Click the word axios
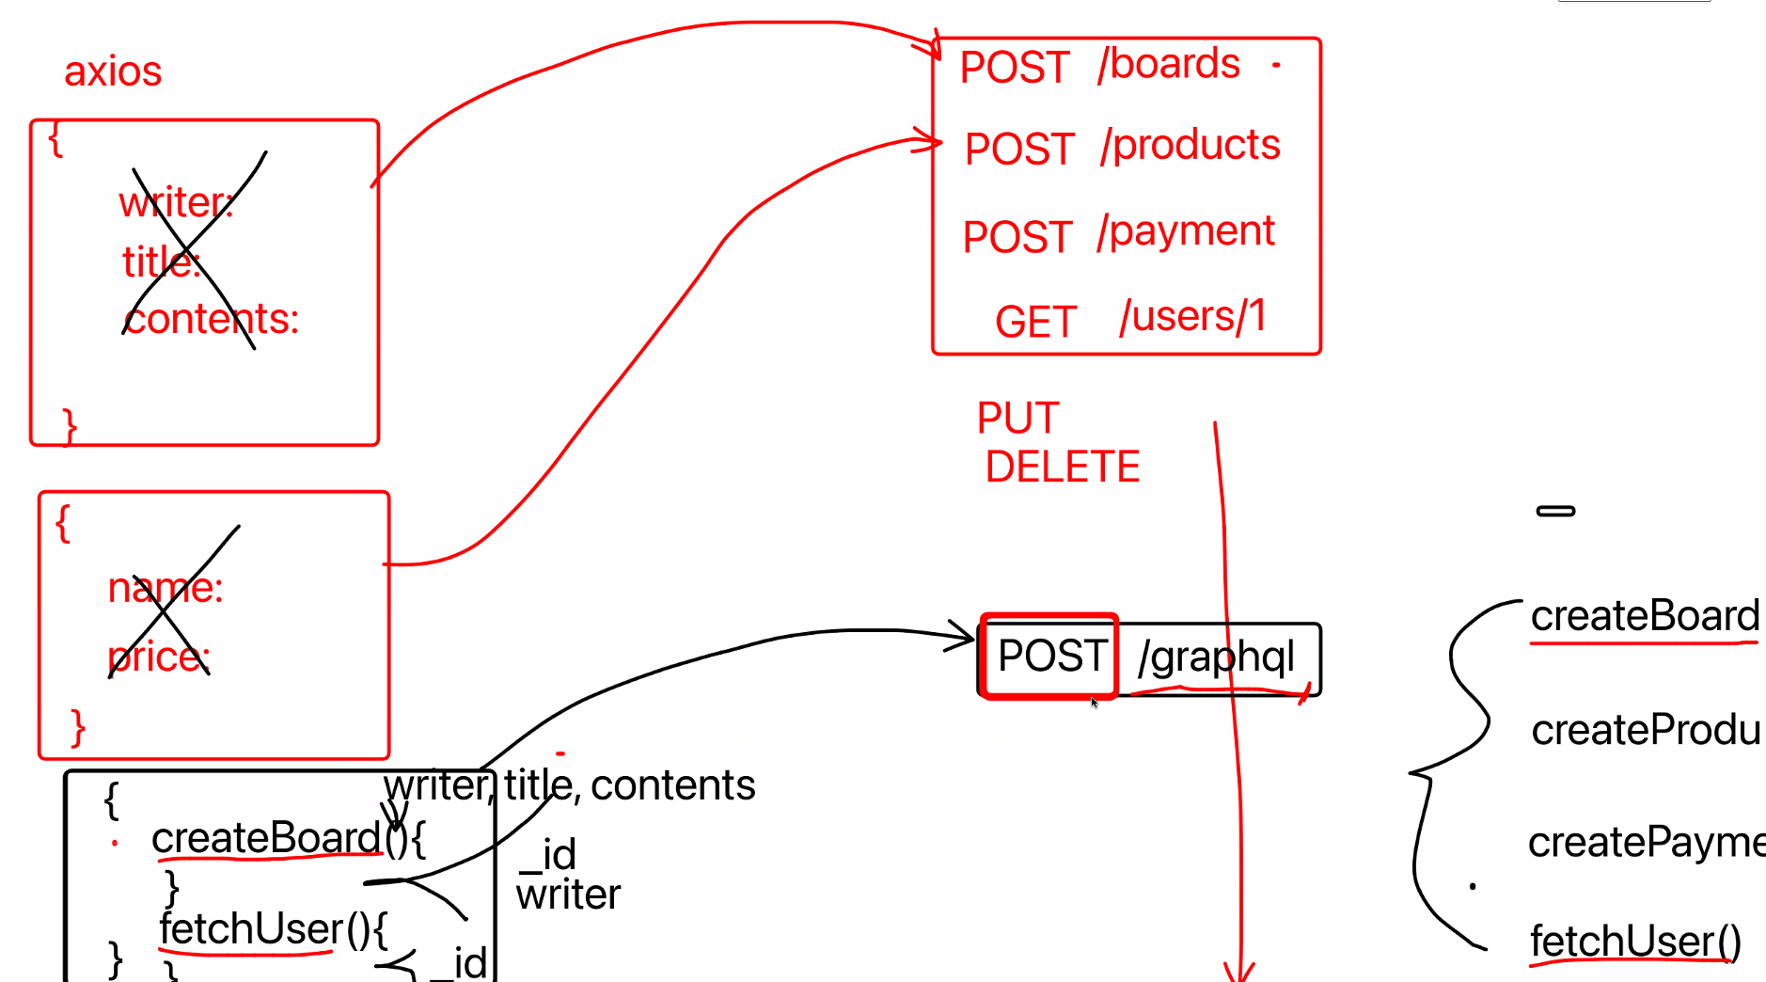coord(113,71)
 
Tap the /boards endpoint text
coord(1169,64)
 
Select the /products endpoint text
coord(1190,146)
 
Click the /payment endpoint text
coord(1186,231)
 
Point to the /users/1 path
coord(1192,317)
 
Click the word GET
coord(1035,323)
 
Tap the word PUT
coord(1017,419)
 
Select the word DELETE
coord(1063,467)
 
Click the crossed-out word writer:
coord(176,203)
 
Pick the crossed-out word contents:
coord(212,320)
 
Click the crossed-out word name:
coord(166,589)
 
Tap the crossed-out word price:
coord(159,657)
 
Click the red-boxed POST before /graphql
coord(1050,656)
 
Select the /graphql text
coord(1216,657)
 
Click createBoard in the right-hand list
coord(1645,616)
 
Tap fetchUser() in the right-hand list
coord(1635,941)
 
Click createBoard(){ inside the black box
coord(288,838)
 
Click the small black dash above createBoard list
coord(1555,511)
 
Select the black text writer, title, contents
coord(570,785)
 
